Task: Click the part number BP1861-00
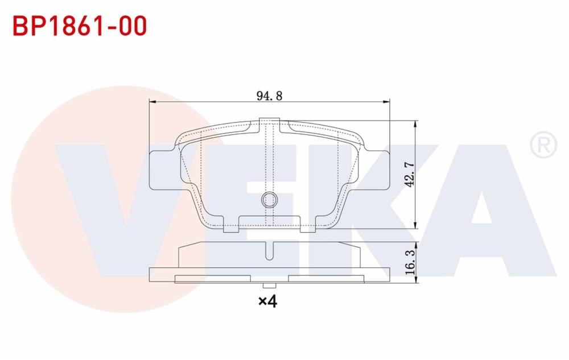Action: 79,26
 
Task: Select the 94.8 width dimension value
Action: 269,96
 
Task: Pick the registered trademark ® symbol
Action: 543,145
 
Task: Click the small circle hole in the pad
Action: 269,199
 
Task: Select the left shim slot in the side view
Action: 213,278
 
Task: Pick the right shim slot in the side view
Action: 326,278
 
